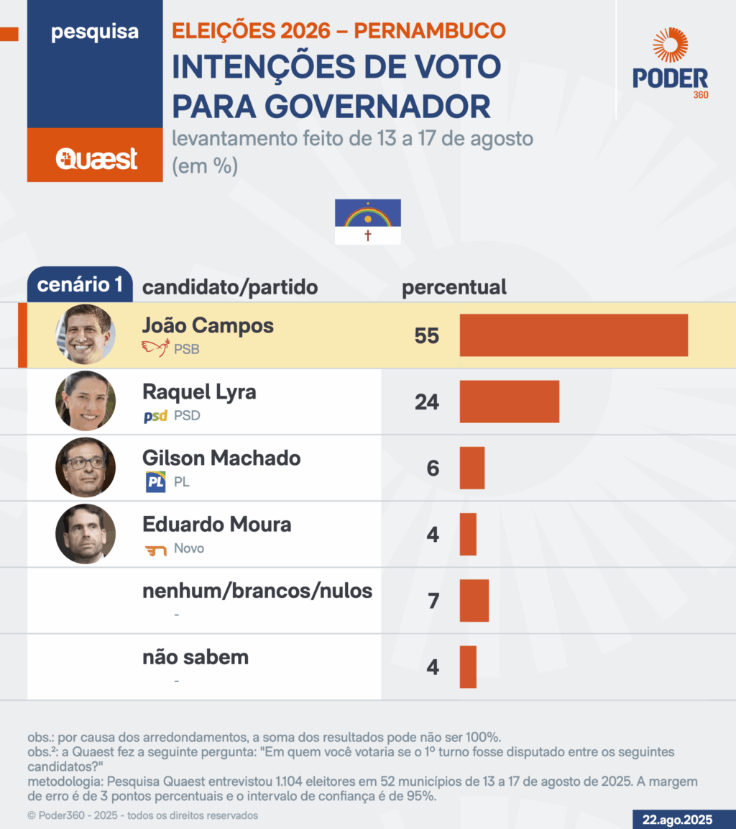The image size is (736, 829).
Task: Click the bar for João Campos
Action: click(574, 335)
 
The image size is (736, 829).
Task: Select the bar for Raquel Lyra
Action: click(509, 402)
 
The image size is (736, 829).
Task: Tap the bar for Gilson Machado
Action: click(472, 468)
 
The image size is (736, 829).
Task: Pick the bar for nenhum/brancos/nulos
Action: click(474, 600)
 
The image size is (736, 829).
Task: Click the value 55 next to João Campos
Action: click(426, 336)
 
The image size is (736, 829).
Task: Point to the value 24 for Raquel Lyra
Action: click(426, 402)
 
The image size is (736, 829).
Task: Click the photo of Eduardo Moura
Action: click(86, 534)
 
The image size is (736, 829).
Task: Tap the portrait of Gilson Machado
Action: click(86, 468)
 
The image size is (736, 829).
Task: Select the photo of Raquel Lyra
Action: click(86, 402)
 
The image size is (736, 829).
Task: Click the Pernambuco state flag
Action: click(367, 222)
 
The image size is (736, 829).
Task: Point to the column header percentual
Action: click(454, 287)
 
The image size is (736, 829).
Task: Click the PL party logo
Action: click(155, 482)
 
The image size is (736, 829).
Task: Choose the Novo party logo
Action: click(155, 550)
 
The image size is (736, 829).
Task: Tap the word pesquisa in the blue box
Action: click(95, 32)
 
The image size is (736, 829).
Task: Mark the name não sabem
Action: click(195, 657)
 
